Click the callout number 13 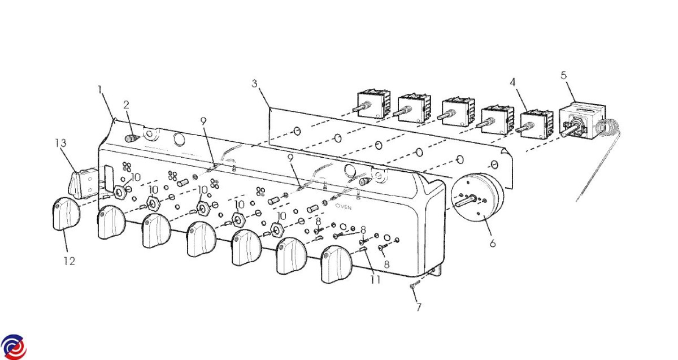pos(61,142)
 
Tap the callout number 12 pos(69,261)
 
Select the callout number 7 pos(419,307)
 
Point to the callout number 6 pos(493,243)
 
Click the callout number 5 pos(563,75)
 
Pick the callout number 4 pos(512,82)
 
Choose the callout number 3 pos(255,83)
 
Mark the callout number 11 pos(376,279)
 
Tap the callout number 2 pos(126,105)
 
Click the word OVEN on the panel pos(344,207)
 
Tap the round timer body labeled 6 pos(477,197)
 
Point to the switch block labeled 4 pos(535,125)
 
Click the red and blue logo pos(14,347)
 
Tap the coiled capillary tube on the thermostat pos(607,127)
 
